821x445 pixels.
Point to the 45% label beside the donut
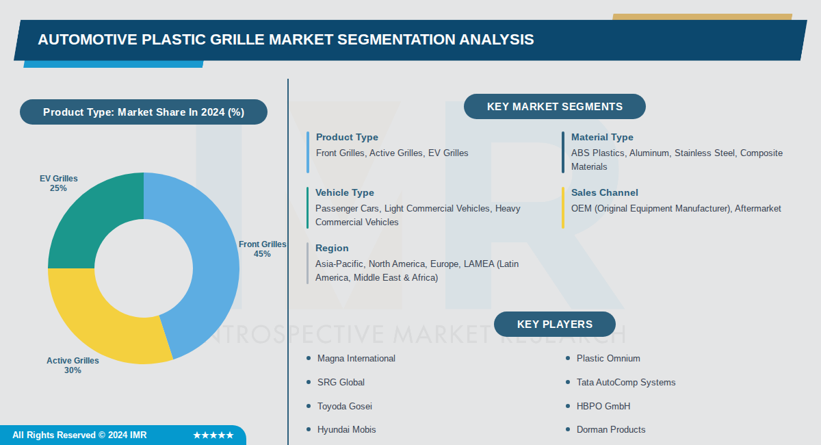262,254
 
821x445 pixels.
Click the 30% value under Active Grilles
73,370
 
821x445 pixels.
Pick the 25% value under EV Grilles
58,188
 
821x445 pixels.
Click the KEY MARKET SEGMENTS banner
554,107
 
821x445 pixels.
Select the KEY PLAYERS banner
554,325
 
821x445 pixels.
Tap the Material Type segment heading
602,138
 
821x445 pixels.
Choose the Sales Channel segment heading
604,193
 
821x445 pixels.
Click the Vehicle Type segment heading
345,193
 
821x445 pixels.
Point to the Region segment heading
332,249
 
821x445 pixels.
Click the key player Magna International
356,359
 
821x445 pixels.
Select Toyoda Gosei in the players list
344,407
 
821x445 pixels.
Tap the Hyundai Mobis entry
346,430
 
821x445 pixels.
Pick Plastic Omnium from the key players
608,359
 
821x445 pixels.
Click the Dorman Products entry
610,430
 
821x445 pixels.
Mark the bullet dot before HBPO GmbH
568,407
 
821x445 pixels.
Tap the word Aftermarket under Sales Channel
757,209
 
